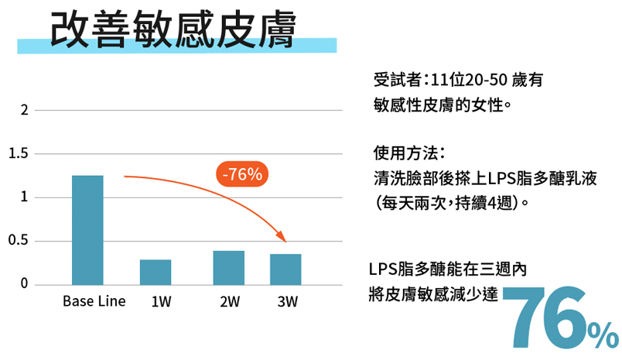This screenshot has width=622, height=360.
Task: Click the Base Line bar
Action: click(x=87, y=230)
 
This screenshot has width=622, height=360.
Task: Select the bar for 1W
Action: click(x=155, y=272)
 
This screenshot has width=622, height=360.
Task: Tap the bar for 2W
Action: click(x=228, y=267)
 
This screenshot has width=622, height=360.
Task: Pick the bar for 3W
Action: click(x=285, y=269)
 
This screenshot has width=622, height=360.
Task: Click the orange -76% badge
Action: click(x=242, y=175)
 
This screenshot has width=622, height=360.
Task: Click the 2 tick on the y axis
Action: click(x=25, y=110)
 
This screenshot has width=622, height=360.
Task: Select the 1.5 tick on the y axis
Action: click(x=20, y=154)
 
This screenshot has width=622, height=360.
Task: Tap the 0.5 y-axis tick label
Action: click(x=20, y=241)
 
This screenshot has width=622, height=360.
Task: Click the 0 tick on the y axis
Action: click(x=25, y=284)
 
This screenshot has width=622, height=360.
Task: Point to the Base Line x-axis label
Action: click(x=94, y=301)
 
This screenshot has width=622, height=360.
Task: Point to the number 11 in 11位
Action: click(x=441, y=80)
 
